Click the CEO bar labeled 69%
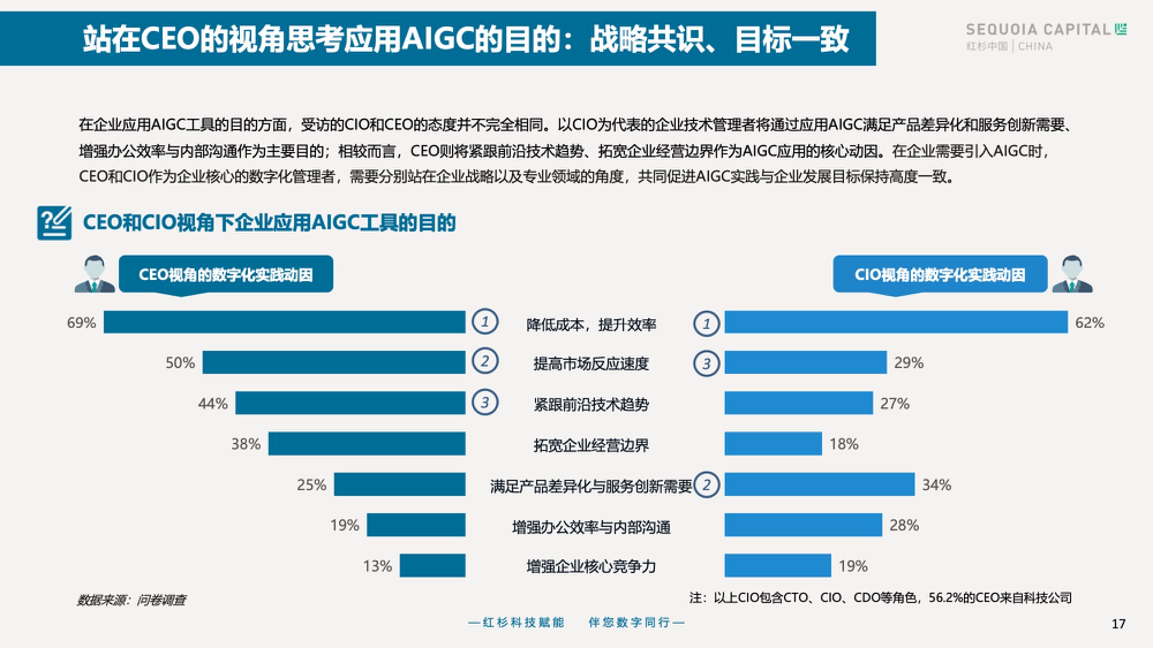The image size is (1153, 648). [x=284, y=322]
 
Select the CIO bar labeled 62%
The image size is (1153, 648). [x=896, y=322]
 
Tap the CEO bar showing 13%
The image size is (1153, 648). [x=432, y=566]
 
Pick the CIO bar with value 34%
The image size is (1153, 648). [x=819, y=484]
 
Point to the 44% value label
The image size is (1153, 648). [x=213, y=404]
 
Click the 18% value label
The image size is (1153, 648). [x=844, y=444]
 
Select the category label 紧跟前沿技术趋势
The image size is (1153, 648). [x=591, y=404]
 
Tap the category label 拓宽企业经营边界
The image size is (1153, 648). [x=591, y=445]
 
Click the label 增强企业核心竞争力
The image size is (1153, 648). [x=591, y=567]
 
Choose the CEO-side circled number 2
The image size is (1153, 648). [x=485, y=361]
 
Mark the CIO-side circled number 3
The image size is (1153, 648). [x=706, y=363]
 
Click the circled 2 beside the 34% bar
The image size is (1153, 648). [x=706, y=485]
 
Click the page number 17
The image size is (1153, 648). [x=1118, y=624]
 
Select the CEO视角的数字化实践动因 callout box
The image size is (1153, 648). [x=225, y=275]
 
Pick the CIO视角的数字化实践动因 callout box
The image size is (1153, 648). [x=940, y=275]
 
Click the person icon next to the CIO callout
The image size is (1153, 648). [x=1072, y=274]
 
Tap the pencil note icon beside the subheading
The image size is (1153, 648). [x=55, y=223]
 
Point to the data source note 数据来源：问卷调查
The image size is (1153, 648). [x=131, y=600]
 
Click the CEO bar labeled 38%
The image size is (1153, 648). [x=367, y=444]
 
